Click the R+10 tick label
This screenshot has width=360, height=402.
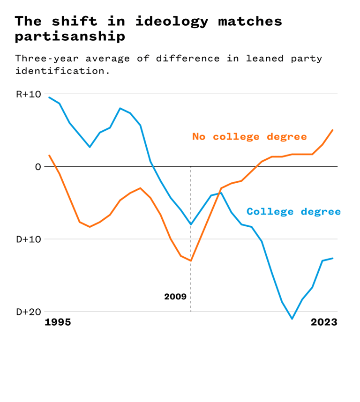click(x=28, y=94)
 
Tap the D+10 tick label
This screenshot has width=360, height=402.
click(x=28, y=239)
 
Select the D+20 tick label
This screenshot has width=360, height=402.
click(x=28, y=312)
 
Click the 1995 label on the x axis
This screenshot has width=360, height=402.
click(x=58, y=322)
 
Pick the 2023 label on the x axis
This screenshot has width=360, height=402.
click(x=324, y=322)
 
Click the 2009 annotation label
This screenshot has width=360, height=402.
click(x=175, y=297)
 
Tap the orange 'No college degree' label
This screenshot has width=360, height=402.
click(x=249, y=137)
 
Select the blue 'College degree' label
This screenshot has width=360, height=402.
click(x=294, y=212)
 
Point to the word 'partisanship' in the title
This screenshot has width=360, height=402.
click(x=70, y=36)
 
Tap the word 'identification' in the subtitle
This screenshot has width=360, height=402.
click(x=59, y=72)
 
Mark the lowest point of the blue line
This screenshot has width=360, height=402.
click(x=292, y=319)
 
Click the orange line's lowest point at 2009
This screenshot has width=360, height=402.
click(x=191, y=261)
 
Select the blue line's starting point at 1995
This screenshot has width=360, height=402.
click(x=49, y=97)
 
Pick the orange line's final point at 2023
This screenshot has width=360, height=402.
click(x=333, y=130)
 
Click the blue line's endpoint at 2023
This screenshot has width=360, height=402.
click(x=333, y=258)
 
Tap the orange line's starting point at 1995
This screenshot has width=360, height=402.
click(x=49, y=155)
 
